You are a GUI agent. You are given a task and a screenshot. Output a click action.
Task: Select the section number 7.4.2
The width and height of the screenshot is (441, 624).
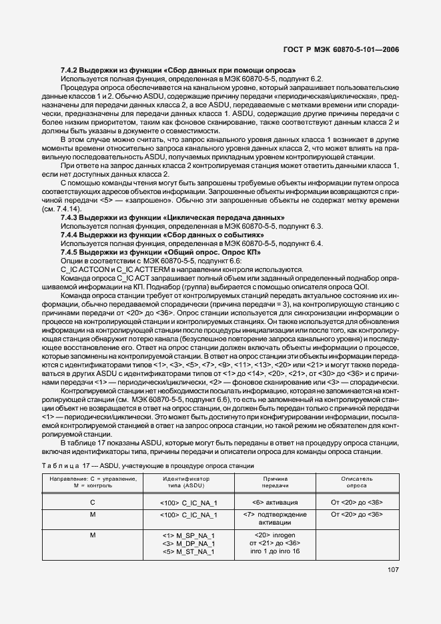pyautogui.click(x=71, y=69)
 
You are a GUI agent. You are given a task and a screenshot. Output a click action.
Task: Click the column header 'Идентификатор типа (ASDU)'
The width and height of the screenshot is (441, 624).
pyautogui.click(x=186, y=482)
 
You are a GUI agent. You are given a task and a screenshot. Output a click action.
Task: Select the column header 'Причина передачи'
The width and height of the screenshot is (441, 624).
pyautogui.click(x=275, y=482)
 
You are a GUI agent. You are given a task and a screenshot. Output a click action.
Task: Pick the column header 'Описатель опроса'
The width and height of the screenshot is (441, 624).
pyautogui.click(x=357, y=482)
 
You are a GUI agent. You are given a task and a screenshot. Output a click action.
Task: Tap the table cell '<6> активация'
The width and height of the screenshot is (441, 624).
pyautogui.click(x=275, y=501)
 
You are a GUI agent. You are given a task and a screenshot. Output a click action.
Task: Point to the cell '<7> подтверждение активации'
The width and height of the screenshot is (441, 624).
pyautogui.click(x=275, y=519)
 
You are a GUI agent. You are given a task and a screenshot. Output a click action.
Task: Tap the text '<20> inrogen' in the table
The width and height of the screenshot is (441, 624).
pyautogui.click(x=275, y=535)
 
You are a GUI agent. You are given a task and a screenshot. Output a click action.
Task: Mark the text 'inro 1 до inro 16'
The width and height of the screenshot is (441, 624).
pyautogui.click(x=275, y=551)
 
